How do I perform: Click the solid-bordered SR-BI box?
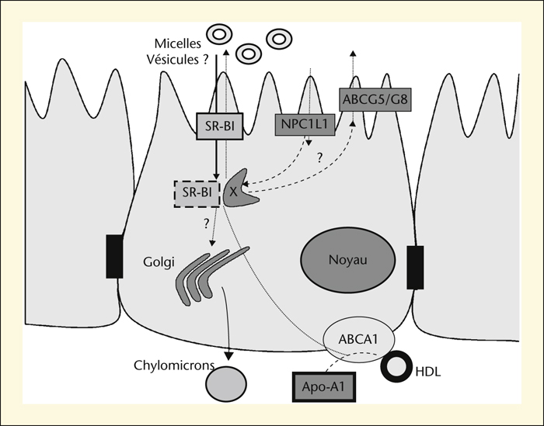[220, 126]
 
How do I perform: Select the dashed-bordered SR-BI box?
[197, 194]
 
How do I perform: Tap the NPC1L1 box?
[305, 124]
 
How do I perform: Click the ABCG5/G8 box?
[375, 99]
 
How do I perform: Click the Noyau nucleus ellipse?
[347, 260]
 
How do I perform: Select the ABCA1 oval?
[359, 339]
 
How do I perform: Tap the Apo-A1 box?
[324, 386]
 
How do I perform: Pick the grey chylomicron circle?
[226, 384]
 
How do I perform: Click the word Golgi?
[159, 261]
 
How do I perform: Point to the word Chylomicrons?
[174, 365]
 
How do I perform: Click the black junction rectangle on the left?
[114, 256]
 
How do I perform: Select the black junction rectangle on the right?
[415, 267]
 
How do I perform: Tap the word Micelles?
[178, 44]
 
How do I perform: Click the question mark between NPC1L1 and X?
[319, 158]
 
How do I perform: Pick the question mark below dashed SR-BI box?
[207, 224]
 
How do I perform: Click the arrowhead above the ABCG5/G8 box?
[353, 54]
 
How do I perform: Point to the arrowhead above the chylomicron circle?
[228, 355]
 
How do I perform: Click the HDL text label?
[428, 372]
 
